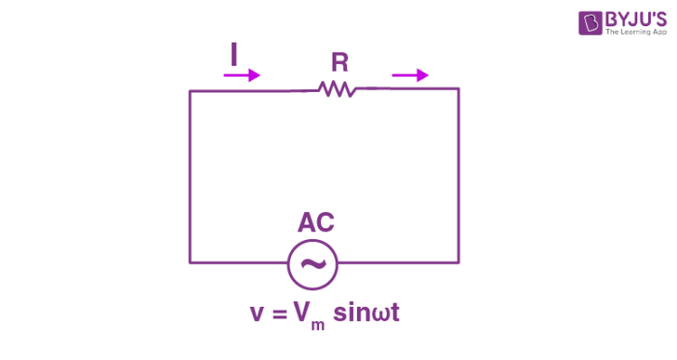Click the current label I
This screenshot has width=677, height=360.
tap(233, 57)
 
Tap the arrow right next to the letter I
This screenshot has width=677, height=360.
tap(249, 75)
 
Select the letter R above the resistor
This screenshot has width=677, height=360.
tap(339, 63)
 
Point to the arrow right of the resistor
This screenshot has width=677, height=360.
tap(410, 75)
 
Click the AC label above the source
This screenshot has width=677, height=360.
tap(315, 224)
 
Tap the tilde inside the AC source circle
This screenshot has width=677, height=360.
tap(313, 262)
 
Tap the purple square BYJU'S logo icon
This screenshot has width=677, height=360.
tap(590, 23)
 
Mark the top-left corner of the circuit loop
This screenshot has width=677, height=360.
tap(190, 91)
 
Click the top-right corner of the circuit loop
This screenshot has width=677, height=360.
tap(458, 89)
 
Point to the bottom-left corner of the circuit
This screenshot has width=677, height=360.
tap(190, 261)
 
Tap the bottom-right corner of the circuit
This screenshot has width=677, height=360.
tap(458, 261)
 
